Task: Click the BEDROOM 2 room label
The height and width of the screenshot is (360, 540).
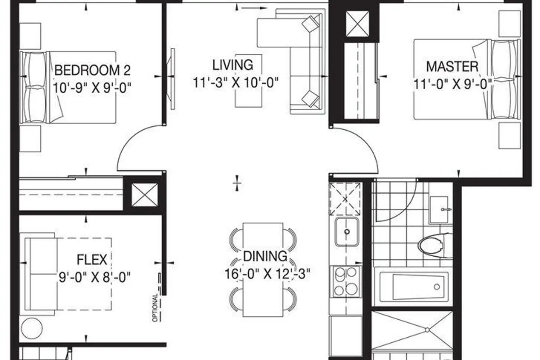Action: coord(92,71)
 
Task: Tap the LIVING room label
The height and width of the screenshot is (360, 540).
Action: coord(233,65)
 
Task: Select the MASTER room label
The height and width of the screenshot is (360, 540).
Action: coord(452,67)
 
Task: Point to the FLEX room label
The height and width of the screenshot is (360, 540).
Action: coord(92,260)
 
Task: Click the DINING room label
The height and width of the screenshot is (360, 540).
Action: coord(265,256)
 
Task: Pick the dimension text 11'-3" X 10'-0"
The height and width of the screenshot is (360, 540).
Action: coord(235,83)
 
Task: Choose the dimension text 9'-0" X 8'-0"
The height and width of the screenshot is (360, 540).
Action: coord(95,277)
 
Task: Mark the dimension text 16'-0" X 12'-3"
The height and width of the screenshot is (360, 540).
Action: coord(267,274)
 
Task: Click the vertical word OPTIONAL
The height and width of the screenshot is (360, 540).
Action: coord(155,307)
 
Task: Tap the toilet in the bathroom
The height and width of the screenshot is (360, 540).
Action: coord(435,246)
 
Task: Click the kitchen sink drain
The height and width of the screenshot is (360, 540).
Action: coord(347,232)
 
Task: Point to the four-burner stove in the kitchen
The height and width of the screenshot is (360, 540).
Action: coord(345,282)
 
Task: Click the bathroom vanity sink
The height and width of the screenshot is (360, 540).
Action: coord(439,210)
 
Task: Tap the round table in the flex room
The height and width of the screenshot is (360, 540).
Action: coord(32,328)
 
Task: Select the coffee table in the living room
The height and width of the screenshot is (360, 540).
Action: coord(248,81)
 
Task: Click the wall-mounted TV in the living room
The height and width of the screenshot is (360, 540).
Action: coord(172,79)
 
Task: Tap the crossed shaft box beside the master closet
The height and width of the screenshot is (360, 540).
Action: coord(357,24)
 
